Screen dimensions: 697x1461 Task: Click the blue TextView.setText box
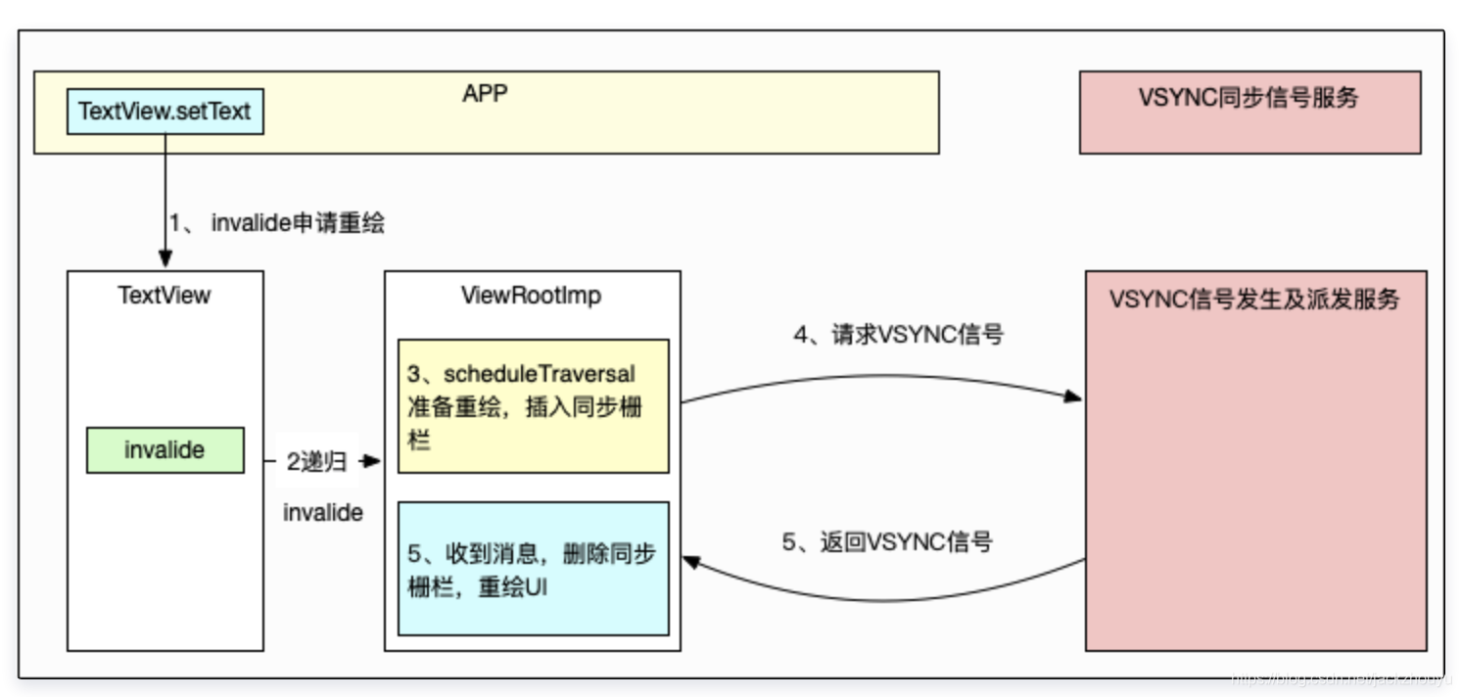coord(165,112)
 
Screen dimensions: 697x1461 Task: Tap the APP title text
coord(485,93)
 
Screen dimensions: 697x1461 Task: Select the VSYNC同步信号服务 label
coord(1249,98)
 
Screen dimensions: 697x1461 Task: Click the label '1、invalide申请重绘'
coord(277,223)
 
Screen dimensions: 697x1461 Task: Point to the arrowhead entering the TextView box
coord(165,260)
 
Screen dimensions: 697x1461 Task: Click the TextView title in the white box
coord(165,295)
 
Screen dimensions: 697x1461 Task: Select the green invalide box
coord(165,450)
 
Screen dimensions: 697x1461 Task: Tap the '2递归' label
coord(316,463)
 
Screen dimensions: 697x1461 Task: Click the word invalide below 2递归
coord(323,512)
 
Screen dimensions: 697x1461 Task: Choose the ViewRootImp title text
coord(531,295)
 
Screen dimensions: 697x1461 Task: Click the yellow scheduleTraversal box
coord(533,406)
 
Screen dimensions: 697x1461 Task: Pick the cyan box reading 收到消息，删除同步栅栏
coord(533,569)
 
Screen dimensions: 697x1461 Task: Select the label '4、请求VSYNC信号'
coord(898,335)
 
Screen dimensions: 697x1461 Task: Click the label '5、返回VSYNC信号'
coord(886,541)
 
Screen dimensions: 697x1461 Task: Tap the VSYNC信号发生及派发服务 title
coord(1254,300)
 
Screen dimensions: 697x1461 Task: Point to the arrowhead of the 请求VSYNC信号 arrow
coord(1073,397)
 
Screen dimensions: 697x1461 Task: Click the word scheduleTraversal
coord(539,374)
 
